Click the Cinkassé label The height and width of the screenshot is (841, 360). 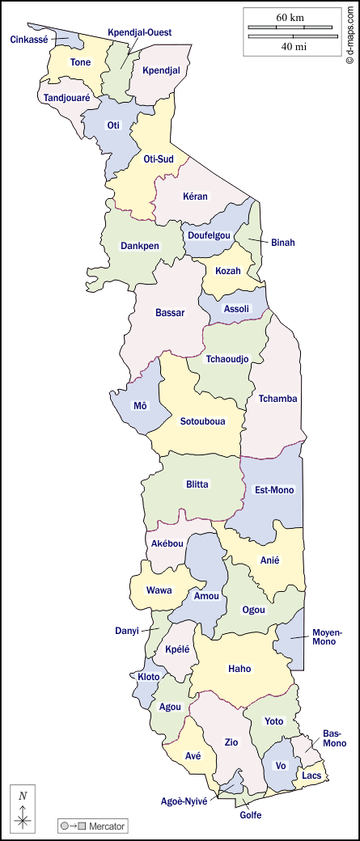[28, 40]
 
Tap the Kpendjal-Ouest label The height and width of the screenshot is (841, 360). [139, 32]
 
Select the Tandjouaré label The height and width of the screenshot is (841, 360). [66, 96]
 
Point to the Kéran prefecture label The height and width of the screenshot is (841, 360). [195, 197]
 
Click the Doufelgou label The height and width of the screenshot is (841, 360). [209, 235]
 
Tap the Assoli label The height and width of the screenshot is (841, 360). [237, 309]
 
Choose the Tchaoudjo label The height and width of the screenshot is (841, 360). [227, 358]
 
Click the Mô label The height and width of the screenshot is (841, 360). [141, 405]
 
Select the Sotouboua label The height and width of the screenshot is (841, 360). [202, 421]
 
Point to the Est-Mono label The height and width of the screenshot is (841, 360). [274, 490]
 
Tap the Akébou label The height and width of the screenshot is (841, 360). [167, 543]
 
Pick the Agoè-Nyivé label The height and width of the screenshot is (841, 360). [184, 801]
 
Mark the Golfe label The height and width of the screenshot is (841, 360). [251, 814]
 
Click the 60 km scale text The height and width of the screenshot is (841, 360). [289, 17]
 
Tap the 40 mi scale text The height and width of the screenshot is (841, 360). [289, 45]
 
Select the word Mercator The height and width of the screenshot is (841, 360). [107, 826]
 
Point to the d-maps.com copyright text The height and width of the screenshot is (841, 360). [349, 35]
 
